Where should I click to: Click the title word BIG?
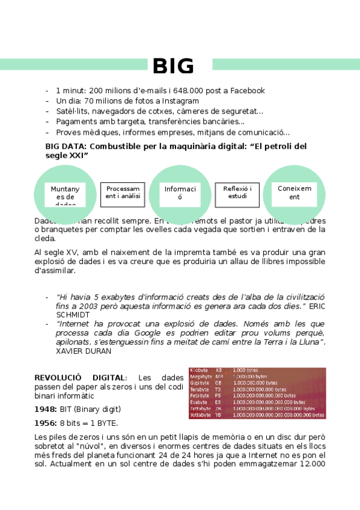point(173,66)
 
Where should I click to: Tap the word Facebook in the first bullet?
point(245,91)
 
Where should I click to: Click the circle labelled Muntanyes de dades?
point(65,191)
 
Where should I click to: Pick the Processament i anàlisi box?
point(123,192)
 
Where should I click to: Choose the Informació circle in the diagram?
point(180,192)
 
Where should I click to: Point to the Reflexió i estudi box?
point(237,192)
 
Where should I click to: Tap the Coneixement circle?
point(294,192)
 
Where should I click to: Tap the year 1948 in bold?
point(45,409)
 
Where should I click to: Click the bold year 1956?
point(45,422)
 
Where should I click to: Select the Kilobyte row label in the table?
point(200,370)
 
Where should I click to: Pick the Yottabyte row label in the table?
point(201,415)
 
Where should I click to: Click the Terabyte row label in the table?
point(200,389)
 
